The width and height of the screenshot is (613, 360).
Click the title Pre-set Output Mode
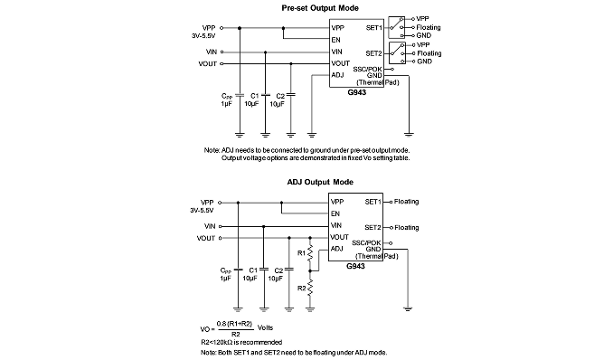[320, 8]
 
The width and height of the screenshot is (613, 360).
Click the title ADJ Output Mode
[320, 182]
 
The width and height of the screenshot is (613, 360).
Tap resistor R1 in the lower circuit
[310, 253]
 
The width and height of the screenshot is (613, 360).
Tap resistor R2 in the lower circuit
[310, 288]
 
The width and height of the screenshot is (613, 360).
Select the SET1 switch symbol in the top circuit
[396, 27]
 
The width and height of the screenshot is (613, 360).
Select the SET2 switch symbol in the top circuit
[397, 53]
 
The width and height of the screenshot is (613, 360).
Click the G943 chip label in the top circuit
[356, 93]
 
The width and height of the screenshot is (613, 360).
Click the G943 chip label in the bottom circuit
[355, 266]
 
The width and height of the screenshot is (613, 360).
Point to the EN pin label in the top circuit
[335, 40]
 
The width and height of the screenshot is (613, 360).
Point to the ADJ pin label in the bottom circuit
[336, 249]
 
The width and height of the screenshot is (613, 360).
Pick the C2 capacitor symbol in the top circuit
[291, 95]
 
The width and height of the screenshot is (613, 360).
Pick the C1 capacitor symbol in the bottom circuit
[264, 270]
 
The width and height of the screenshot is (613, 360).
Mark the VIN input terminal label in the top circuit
[211, 52]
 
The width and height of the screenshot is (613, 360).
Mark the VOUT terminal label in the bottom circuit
[206, 238]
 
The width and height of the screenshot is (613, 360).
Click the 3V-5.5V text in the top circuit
[203, 35]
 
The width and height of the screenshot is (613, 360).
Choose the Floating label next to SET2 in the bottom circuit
[407, 227]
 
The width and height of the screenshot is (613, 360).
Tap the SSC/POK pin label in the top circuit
[367, 70]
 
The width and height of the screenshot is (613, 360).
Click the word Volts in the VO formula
[265, 328]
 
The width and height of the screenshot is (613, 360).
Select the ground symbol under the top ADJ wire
[312, 135]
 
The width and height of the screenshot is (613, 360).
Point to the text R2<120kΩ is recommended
[241, 342]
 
